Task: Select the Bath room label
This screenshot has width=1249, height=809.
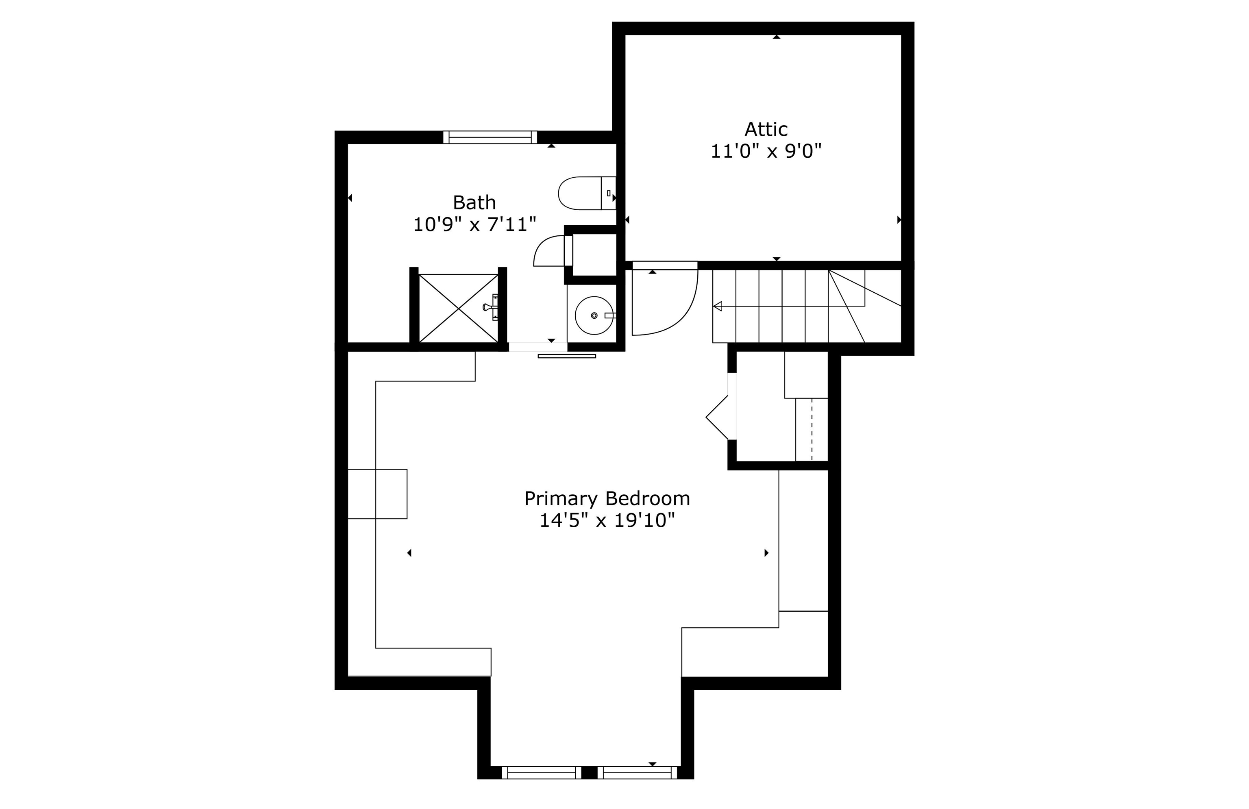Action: point(474,202)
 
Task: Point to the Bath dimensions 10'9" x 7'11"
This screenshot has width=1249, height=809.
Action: point(474,224)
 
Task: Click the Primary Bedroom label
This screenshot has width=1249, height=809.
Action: point(607,498)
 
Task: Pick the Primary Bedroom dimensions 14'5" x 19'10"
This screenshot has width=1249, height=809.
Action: point(607,520)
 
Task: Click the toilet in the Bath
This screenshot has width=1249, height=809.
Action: point(587,193)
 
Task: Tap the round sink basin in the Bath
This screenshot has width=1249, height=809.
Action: point(594,315)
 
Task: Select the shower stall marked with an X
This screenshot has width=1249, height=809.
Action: point(458,309)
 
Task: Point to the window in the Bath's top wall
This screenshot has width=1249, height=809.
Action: point(490,137)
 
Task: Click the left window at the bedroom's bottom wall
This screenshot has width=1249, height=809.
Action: point(542,772)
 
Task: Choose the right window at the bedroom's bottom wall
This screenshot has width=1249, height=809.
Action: point(637,772)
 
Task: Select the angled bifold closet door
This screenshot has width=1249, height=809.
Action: point(717,418)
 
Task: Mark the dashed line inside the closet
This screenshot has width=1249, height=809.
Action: point(812,430)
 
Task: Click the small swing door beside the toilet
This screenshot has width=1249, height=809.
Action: point(553,251)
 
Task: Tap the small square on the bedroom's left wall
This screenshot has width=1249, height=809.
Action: point(377,494)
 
